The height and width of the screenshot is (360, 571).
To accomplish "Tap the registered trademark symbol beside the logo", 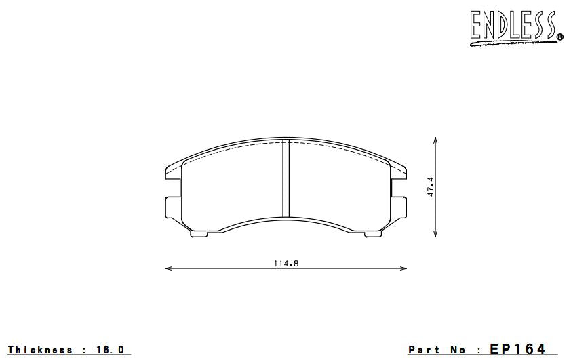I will pos(559,37).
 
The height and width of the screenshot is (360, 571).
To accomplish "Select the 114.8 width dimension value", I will pos(287,263).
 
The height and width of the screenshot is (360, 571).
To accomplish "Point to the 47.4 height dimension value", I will pos(431,187).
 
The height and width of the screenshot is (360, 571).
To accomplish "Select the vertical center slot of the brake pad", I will pos(285,179).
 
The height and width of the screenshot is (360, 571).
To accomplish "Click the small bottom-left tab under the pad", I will pos(199,234).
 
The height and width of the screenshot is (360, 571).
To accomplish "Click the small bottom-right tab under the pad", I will pos(373,234).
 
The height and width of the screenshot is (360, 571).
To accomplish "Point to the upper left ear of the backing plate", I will pos(174,174).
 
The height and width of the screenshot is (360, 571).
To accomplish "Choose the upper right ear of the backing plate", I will pos(399,174).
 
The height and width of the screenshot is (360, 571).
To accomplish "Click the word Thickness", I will pos(40,350).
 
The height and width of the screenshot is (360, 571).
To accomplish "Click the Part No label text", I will pos(437,350).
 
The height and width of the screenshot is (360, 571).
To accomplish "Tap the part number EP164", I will pos(517,349).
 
